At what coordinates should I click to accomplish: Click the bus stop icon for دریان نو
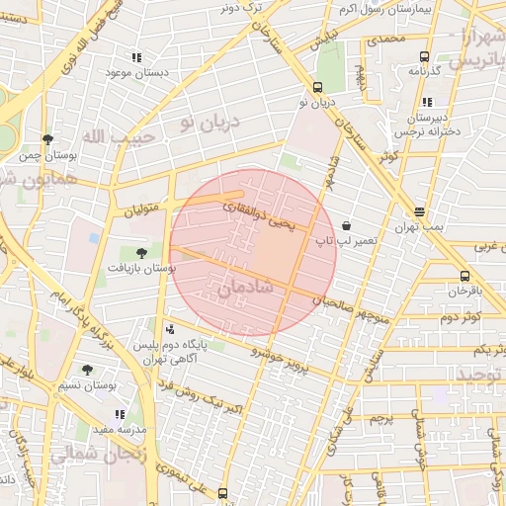tap(317, 87)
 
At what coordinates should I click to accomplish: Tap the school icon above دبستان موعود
tap(136, 57)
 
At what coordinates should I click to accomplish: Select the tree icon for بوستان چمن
tap(46, 139)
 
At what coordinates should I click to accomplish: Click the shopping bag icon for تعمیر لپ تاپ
tap(345, 225)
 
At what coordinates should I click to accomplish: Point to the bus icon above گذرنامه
tap(424, 56)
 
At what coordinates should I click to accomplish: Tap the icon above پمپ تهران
tap(420, 211)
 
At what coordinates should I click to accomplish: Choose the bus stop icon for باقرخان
tap(464, 276)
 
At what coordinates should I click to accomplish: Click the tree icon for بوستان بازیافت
tap(140, 252)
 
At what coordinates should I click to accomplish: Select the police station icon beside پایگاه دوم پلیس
tap(170, 329)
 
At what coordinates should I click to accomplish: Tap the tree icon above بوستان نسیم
tap(87, 369)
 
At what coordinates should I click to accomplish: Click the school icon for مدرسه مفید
tap(120, 415)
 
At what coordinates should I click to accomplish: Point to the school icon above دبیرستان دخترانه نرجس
tap(426, 101)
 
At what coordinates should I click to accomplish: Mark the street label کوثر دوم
tap(461, 316)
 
